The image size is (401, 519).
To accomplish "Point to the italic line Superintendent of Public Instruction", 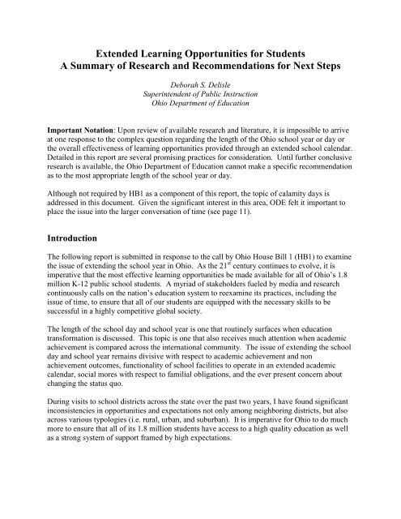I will click(x=201, y=93).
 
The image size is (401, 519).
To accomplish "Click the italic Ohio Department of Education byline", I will click(x=201, y=103).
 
